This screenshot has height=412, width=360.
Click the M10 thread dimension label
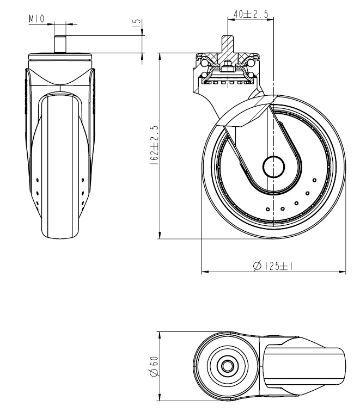point(37,20)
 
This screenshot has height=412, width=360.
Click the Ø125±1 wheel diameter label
point(275,266)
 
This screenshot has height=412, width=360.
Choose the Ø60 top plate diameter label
point(154,366)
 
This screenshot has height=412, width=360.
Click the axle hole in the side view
point(272,167)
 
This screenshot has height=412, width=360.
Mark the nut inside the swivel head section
point(225,69)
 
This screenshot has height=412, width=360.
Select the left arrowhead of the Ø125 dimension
point(204,271)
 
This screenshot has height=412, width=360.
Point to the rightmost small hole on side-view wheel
point(314,180)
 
